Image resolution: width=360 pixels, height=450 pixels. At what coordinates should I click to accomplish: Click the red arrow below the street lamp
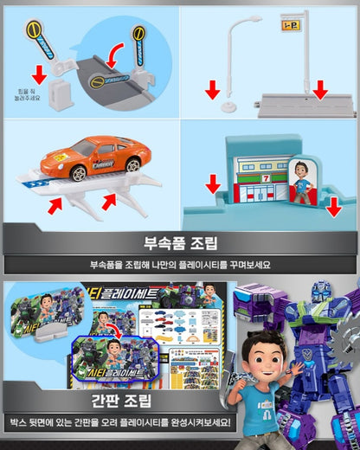[x=212, y=88]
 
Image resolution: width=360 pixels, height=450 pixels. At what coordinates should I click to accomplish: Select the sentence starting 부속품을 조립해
[x=179, y=264]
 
